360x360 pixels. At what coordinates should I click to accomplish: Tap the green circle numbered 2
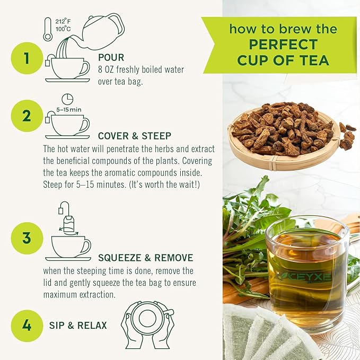pos(27,116)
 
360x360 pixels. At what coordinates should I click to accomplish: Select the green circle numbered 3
pos(27,238)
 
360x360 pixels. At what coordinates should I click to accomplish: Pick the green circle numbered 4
pos(27,325)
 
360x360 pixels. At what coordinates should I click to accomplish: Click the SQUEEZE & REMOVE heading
pos(145,258)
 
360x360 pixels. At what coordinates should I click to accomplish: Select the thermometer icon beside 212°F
pos(48,29)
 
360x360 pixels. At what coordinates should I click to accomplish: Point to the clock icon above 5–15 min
pos(67,99)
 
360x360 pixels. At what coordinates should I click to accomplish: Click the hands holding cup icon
pos(147,324)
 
